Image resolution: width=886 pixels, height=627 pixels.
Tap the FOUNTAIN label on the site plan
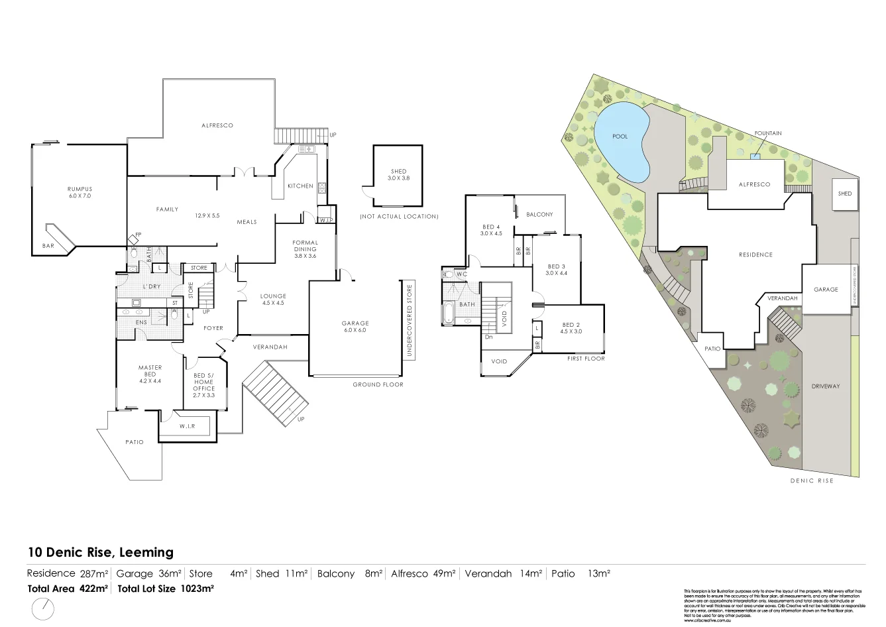tap(767, 133)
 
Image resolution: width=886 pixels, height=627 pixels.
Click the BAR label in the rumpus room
tap(48, 246)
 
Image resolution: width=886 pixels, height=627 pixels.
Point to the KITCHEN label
tap(300, 186)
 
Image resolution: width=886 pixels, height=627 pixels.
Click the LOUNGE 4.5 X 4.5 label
tap(273, 300)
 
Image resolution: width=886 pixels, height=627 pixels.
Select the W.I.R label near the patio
tap(186, 426)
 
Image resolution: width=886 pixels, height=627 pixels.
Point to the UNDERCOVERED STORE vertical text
tap(410, 321)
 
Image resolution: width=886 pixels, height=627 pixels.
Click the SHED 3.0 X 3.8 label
tap(398, 175)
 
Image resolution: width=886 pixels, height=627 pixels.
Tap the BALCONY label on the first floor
tap(539, 215)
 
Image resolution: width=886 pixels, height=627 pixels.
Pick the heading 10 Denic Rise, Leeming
tap(100, 552)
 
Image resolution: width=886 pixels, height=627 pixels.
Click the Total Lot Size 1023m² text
tap(165, 589)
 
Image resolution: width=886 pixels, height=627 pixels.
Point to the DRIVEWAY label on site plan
tap(825, 386)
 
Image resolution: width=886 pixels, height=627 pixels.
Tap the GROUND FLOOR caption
tap(378, 384)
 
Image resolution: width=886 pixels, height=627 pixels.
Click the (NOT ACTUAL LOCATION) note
tap(398, 217)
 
